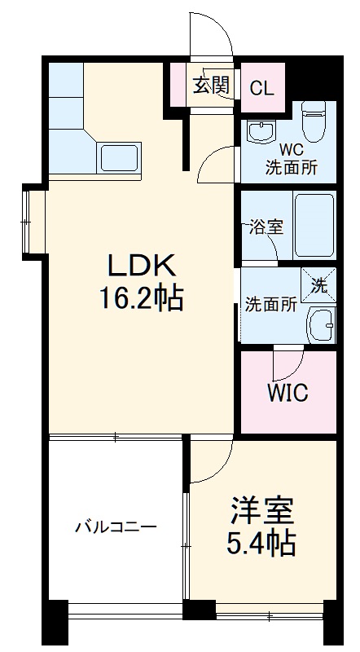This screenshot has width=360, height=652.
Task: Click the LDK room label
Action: click(143, 267)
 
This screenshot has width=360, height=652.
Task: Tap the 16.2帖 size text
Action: click(142, 299)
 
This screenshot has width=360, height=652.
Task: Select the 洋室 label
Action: click(262, 511)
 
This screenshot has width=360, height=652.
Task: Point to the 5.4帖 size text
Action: click(261, 543)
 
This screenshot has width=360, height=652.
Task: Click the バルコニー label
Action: click(116, 527)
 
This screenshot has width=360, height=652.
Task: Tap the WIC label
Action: click(288, 392)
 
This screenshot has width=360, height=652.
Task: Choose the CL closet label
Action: click(262, 88)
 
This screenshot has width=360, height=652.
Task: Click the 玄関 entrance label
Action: click(211, 86)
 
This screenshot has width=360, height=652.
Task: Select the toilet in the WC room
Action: click(313, 121)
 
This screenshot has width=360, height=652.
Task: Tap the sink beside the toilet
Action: click(261, 131)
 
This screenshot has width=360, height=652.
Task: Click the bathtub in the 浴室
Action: click(314, 226)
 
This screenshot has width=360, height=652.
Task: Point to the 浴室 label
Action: click(266, 227)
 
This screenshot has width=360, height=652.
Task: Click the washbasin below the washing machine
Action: click(321, 325)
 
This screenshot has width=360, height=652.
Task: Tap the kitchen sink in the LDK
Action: click(119, 157)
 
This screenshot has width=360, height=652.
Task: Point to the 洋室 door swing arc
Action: click(222, 471)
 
